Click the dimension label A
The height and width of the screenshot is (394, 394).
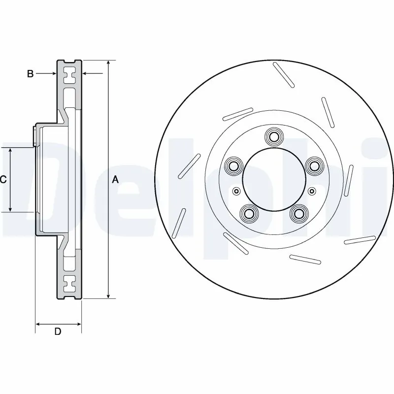pyautogui.click(x=115, y=180)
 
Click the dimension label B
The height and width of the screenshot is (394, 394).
pyautogui.click(x=30, y=74)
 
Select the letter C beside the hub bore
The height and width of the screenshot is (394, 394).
pyautogui.click(x=3, y=180)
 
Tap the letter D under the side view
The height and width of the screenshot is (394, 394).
pyautogui.click(x=58, y=331)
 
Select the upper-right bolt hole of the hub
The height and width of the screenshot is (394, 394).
pyautogui.click(x=313, y=166)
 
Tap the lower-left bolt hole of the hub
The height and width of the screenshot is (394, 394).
pyautogui.click(x=248, y=213)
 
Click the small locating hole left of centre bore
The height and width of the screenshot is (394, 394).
pyautogui.click(x=236, y=191)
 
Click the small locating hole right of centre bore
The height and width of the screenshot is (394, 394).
pyautogui.click(x=311, y=191)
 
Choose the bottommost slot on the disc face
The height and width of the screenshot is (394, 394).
pyautogui.click(x=305, y=260)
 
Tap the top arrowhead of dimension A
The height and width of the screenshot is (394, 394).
pyautogui.click(x=108, y=63)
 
